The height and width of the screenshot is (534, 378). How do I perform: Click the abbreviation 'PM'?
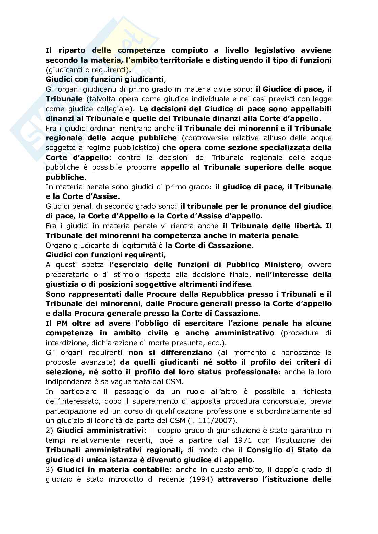(x=60, y=323)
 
